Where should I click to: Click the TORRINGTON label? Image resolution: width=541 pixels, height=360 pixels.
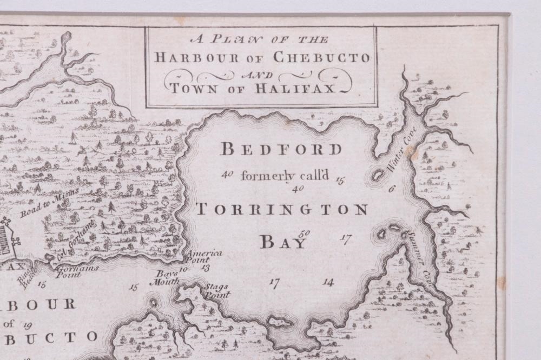coord(281,209)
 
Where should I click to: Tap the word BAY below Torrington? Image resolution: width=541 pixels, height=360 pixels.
coord(283,242)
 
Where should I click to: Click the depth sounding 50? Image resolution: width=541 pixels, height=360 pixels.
coord(305,233)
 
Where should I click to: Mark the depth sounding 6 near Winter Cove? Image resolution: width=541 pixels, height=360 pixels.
coord(392,189)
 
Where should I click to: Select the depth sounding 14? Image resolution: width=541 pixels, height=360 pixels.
coord(328,282)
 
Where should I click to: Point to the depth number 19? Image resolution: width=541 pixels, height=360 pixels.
coord(28,324)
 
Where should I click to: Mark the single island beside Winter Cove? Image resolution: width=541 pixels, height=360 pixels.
coord(377,175)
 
